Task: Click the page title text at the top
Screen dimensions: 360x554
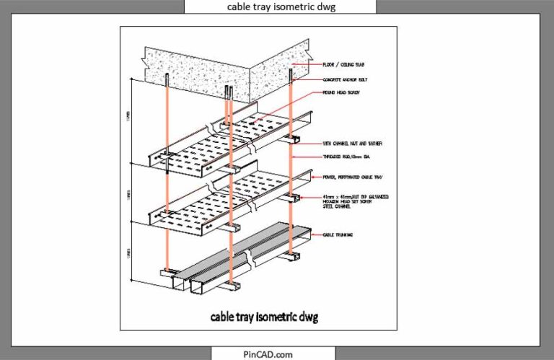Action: point(280,6)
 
